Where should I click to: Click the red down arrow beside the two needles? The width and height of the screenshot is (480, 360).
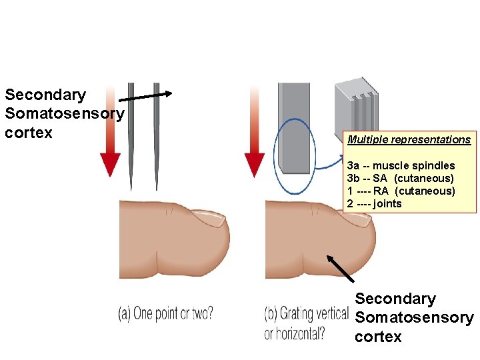tap(110, 133)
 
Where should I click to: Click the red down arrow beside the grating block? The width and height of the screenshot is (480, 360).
tap(255, 133)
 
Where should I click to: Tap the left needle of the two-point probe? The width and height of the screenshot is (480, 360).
tap(131, 133)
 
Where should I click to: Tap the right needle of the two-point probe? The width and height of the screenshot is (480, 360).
tap(157, 133)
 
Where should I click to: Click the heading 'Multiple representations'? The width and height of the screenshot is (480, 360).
tap(408, 140)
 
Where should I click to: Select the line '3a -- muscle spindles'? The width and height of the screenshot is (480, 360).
tap(401, 165)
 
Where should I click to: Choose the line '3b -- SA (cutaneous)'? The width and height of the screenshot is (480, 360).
tap(400, 178)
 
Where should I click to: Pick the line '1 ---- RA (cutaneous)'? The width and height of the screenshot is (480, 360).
tap(401, 191)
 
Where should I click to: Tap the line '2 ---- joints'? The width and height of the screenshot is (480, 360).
tap(374, 203)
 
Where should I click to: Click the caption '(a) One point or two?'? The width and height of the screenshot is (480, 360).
tap(166, 313)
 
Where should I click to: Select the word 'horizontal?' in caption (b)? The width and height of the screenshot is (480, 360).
tap(295, 333)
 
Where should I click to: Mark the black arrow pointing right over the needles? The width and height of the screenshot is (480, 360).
tap(146, 96)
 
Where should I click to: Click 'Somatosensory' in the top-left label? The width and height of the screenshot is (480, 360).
tap(64, 114)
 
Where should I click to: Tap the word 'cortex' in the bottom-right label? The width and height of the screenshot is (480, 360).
tap(378, 336)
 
